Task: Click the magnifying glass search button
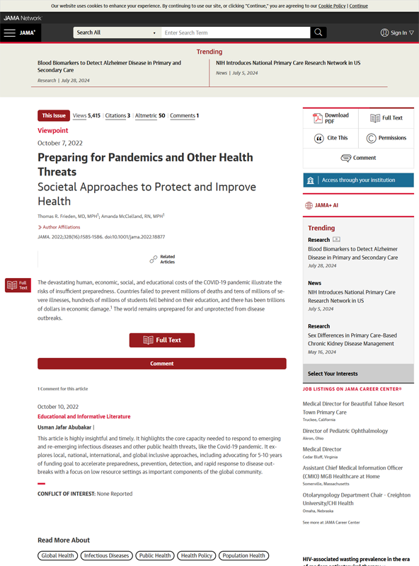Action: point(318,33)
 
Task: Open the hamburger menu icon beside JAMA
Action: point(9,33)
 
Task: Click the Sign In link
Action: point(398,33)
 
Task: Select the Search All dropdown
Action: point(116,33)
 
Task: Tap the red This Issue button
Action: point(54,115)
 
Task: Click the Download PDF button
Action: point(331,118)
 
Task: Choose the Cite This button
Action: point(331,138)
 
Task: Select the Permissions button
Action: point(386,138)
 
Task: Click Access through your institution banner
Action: point(358,180)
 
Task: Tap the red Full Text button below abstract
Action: point(161,340)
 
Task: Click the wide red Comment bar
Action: point(161,364)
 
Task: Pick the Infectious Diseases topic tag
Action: point(106,555)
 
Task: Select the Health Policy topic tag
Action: point(196,555)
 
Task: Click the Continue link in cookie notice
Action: point(358,6)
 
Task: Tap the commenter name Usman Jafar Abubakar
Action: point(64,427)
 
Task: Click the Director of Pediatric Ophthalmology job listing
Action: point(345,431)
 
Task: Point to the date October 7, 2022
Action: point(60,143)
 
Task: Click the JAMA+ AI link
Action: point(326,206)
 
